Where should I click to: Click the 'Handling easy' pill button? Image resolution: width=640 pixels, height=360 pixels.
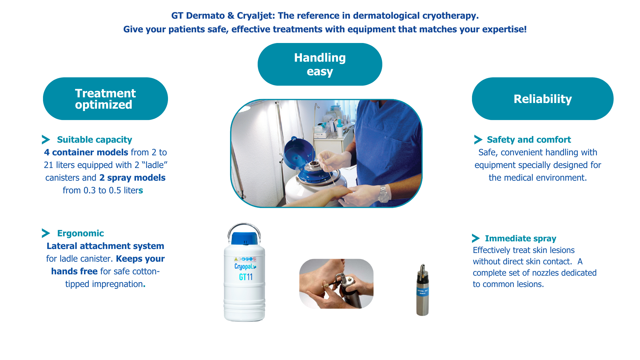point(320,64)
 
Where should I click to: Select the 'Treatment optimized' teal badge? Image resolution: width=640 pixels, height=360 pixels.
point(105,99)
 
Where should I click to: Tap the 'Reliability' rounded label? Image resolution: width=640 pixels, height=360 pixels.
point(542,99)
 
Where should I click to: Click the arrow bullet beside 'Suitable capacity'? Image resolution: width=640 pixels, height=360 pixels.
point(46,140)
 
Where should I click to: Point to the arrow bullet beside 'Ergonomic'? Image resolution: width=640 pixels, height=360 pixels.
point(46,233)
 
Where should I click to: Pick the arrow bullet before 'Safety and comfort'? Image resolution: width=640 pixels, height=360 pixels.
point(478,140)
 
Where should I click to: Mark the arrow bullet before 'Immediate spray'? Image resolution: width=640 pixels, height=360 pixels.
point(476,238)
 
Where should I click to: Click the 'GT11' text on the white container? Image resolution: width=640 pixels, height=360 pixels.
point(246,277)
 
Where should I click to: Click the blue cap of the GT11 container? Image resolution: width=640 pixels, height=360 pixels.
point(245,238)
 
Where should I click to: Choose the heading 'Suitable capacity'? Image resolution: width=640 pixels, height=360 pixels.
point(94,140)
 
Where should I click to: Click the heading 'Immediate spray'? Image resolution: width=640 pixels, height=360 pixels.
point(520,238)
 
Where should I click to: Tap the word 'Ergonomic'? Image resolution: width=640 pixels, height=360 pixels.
point(80,233)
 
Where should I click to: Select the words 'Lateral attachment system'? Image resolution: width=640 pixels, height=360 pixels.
point(105,246)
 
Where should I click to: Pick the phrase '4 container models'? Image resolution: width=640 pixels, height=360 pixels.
point(86,152)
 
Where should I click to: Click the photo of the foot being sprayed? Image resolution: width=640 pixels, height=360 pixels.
point(336,284)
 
